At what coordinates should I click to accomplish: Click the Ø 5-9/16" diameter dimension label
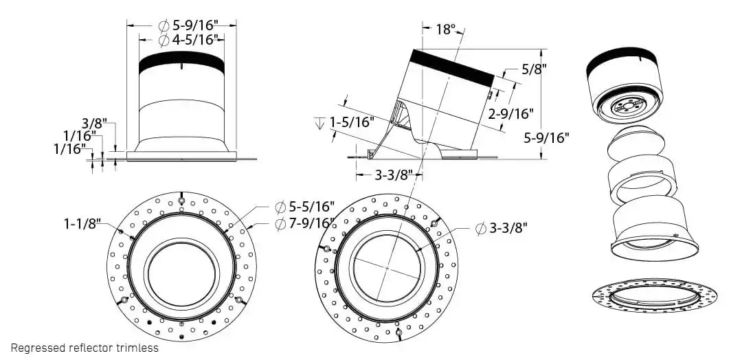point(188,25)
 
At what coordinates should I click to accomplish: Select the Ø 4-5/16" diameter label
point(188,40)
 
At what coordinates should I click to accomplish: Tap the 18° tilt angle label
point(445,29)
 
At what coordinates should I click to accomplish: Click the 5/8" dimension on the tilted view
point(534,69)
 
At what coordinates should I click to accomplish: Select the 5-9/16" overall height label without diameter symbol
point(547,137)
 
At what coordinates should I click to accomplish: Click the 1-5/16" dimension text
point(351,122)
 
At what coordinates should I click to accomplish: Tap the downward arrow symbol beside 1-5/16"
point(319,123)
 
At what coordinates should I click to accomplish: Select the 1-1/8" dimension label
point(82,223)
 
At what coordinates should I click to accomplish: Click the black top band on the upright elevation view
point(181,64)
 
